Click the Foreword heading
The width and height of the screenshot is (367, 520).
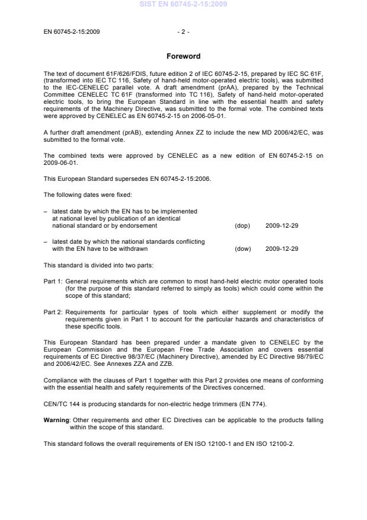point(183,56)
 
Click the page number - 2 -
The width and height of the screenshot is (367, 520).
point(183,31)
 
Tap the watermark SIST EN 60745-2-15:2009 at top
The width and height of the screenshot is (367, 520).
point(183,5)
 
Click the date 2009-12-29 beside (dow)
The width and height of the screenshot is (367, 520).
point(282,249)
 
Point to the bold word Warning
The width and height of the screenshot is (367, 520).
point(56,420)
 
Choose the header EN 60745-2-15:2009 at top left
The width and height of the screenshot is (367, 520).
point(72,31)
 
